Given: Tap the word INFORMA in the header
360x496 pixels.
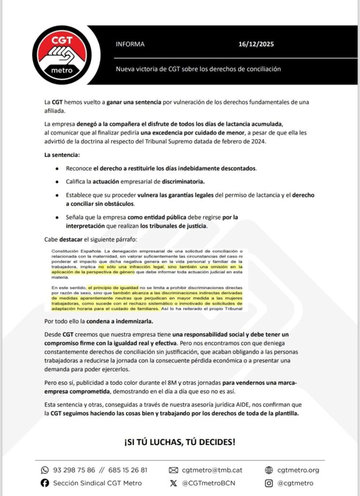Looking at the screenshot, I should tap(130, 44).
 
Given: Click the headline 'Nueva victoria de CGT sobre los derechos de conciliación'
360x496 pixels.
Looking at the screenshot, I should tap(198, 69).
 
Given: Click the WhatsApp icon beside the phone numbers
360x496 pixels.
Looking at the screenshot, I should tap(45, 470).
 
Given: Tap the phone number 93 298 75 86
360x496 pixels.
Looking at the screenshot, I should tap(74, 470).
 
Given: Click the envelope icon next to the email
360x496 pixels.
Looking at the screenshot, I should tap(173, 470).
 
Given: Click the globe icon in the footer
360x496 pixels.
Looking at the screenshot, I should tap(269, 470).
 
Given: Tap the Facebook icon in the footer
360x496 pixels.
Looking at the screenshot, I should tap(45, 483).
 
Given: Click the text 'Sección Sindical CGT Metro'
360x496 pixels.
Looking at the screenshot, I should tap(97, 483).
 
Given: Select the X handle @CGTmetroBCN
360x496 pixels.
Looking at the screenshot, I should tap(209, 483).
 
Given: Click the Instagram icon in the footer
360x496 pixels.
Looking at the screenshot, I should tap(269, 483).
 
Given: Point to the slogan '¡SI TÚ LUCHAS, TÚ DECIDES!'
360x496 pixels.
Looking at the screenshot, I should tap(180, 442).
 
